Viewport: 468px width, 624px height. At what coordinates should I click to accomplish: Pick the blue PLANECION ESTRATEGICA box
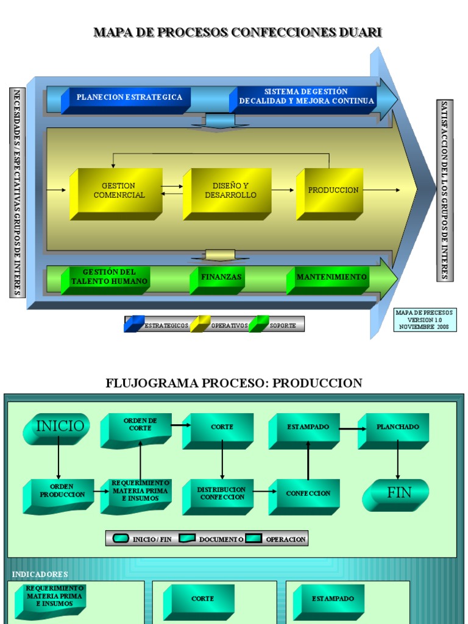[129, 98]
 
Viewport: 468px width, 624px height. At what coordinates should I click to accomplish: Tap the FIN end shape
[397, 494]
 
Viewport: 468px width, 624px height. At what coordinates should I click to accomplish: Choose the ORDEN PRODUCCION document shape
[59, 494]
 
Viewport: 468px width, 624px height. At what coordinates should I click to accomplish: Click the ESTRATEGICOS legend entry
[157, 325]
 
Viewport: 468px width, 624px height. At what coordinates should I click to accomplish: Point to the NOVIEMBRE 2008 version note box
[424, 320]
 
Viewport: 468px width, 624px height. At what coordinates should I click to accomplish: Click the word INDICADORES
[40, 575]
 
